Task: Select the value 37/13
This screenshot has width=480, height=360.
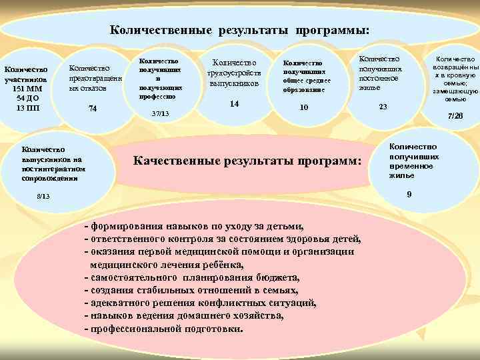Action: pos(160,114)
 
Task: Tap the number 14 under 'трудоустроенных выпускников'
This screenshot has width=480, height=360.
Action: pos(234,104)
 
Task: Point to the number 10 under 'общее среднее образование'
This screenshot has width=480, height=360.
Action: pos(304,107)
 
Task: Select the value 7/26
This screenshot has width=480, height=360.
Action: pos(455,116)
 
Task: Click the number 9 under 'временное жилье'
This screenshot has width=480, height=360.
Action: pos(409,194)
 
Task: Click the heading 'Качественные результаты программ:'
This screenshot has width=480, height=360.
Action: pos(247,161)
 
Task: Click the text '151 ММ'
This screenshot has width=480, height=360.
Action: pos(26,89)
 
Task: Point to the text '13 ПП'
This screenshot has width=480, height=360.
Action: pos(26,108)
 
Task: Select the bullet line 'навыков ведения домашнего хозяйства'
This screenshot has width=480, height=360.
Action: pos(185,317)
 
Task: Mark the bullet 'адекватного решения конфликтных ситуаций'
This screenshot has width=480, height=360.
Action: pos(201,303)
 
